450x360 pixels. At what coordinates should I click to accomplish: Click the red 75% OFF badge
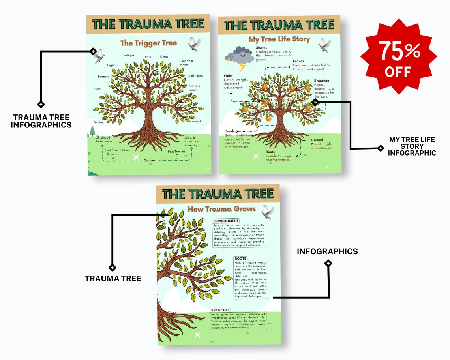pyautogui.click(x=401, y=56)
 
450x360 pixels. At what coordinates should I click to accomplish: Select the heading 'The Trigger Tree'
pyautogui.click(x=148, y=43)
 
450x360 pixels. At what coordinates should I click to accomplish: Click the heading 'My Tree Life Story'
pyautogui.click(x=279, y=39)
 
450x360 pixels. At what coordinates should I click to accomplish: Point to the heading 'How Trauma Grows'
pyautogui.click(x=221, y=209)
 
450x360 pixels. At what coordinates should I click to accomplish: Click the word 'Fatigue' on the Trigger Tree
pyautogui.click(x=129, y=55)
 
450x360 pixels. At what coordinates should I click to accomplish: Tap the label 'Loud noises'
pyautogui.click(x=195, y=75)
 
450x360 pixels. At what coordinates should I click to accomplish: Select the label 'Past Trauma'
pyautogui.click(x=176, y=152)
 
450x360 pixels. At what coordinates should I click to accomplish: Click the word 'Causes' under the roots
pyautogui.click(x=149, y=160)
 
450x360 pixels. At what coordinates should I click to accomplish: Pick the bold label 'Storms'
pyautogui.click(x=261, y=47)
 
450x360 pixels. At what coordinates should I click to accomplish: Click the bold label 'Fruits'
pyautogui.click(x=229, y=75)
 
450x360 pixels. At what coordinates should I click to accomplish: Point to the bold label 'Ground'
pyautogui.click(x=317, y=140)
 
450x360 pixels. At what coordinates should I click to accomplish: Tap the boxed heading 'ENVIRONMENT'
pyautogui.click(x=225, y=221)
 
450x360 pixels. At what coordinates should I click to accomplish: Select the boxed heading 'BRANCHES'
pyautogui.click(x=220, y=310)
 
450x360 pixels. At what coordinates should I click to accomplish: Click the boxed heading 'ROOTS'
pyautogui.click(x=240, y=259)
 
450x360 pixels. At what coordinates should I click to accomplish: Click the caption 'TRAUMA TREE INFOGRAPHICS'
pyautogui.click(x=41, y=121)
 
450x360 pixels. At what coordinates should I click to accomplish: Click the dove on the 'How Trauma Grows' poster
pyautogui.click(x=267, y=212)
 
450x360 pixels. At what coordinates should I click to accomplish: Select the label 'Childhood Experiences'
pyautogui.click(x=104, y=139)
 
